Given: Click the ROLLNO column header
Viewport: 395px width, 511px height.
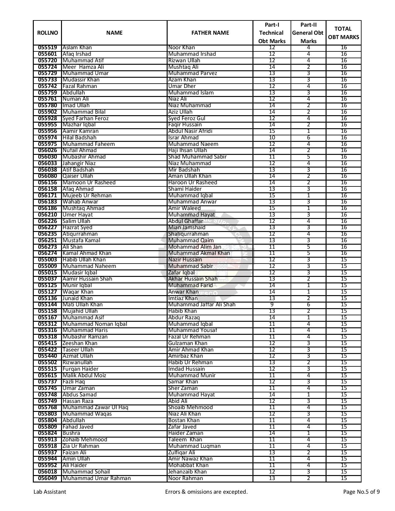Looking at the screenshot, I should pos(47,33).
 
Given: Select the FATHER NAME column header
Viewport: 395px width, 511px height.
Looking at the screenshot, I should pos(210,33).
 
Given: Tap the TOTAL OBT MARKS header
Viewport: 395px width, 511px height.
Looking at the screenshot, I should pos(343,33).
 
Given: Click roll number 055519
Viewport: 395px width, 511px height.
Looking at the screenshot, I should pos(47,48).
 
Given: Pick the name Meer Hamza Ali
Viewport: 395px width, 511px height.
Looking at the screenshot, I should pos(83,67).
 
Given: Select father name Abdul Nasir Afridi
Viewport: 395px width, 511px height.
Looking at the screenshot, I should pos(190,131).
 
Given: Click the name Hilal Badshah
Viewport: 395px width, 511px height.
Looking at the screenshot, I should pos(79,138).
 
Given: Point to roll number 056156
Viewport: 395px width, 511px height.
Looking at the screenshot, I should pos(47,182).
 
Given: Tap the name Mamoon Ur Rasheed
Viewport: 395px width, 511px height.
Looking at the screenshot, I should pos(89,182).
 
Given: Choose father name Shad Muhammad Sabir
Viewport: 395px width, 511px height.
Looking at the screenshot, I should pos(197,157).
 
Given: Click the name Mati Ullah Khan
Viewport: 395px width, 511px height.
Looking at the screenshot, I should pos(82,304).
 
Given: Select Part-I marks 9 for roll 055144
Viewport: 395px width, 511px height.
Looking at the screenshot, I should pos(272,304).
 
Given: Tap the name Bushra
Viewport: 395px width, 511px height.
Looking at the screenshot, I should pos(71,433).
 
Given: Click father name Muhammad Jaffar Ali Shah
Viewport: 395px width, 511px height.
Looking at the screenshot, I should pos(202,304).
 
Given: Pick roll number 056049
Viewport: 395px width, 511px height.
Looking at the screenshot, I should pos(47,478).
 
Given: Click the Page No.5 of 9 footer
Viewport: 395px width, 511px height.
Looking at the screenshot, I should pos(361,492).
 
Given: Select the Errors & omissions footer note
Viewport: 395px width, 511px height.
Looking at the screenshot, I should pos(206,492).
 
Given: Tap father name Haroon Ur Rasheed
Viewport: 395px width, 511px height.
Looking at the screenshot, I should pos(192,182).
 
